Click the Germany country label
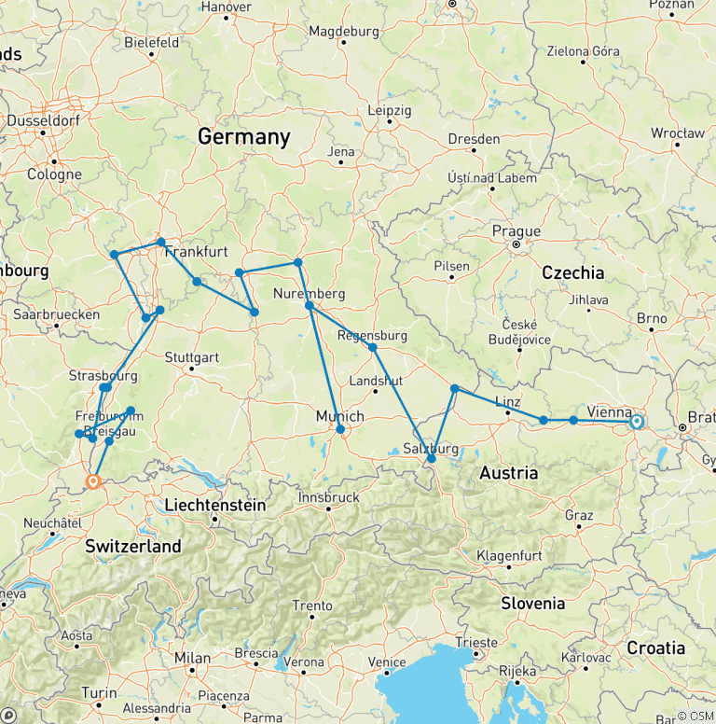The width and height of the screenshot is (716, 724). [x=243, y=137]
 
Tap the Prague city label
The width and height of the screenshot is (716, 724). [x=517, y=231]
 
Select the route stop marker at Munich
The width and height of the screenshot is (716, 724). [x=340, y=429]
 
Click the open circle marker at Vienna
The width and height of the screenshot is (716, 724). [x=637, y=422]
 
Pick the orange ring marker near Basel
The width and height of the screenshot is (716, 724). [x=93, y=481]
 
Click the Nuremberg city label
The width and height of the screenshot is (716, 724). [x=310, y=294]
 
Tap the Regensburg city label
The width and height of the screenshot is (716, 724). [x=372, y=335]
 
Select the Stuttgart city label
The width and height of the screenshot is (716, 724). [x=191, y=357]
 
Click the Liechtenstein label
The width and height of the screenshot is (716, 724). [x=214, y=506]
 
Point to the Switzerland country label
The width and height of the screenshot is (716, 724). [x=132, y=547]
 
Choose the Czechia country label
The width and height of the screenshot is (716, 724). [x=572, y=273]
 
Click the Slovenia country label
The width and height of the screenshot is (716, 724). [x=532, y=603]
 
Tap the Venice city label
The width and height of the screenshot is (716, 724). [x=387, y=661]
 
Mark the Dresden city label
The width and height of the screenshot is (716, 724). [x=474, y=138]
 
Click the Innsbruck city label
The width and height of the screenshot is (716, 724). [x=328, y=497]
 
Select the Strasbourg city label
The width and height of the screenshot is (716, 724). [x=103, y=376]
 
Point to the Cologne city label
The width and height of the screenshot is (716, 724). [x=54, y=174]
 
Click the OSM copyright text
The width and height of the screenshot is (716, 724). [x=695, y=716]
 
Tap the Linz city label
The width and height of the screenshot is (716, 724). [x=508, y=400]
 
